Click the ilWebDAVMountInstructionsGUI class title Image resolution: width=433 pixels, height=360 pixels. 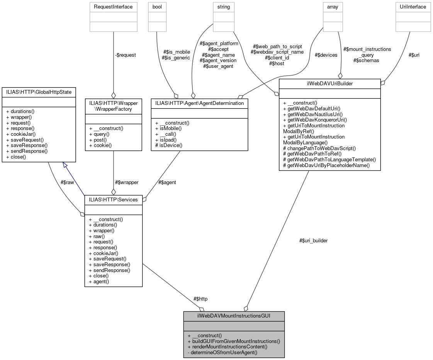234,316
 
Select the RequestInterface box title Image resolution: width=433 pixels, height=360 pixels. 113,7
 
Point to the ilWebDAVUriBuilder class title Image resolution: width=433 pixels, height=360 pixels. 329,84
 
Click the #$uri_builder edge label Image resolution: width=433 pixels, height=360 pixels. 313,240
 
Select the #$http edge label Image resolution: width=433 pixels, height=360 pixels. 200,299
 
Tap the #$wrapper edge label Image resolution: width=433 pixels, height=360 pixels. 126,182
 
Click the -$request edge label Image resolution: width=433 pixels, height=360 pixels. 125,55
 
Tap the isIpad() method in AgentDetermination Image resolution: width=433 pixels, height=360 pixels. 167,140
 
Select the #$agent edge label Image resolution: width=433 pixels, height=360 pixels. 167,182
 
